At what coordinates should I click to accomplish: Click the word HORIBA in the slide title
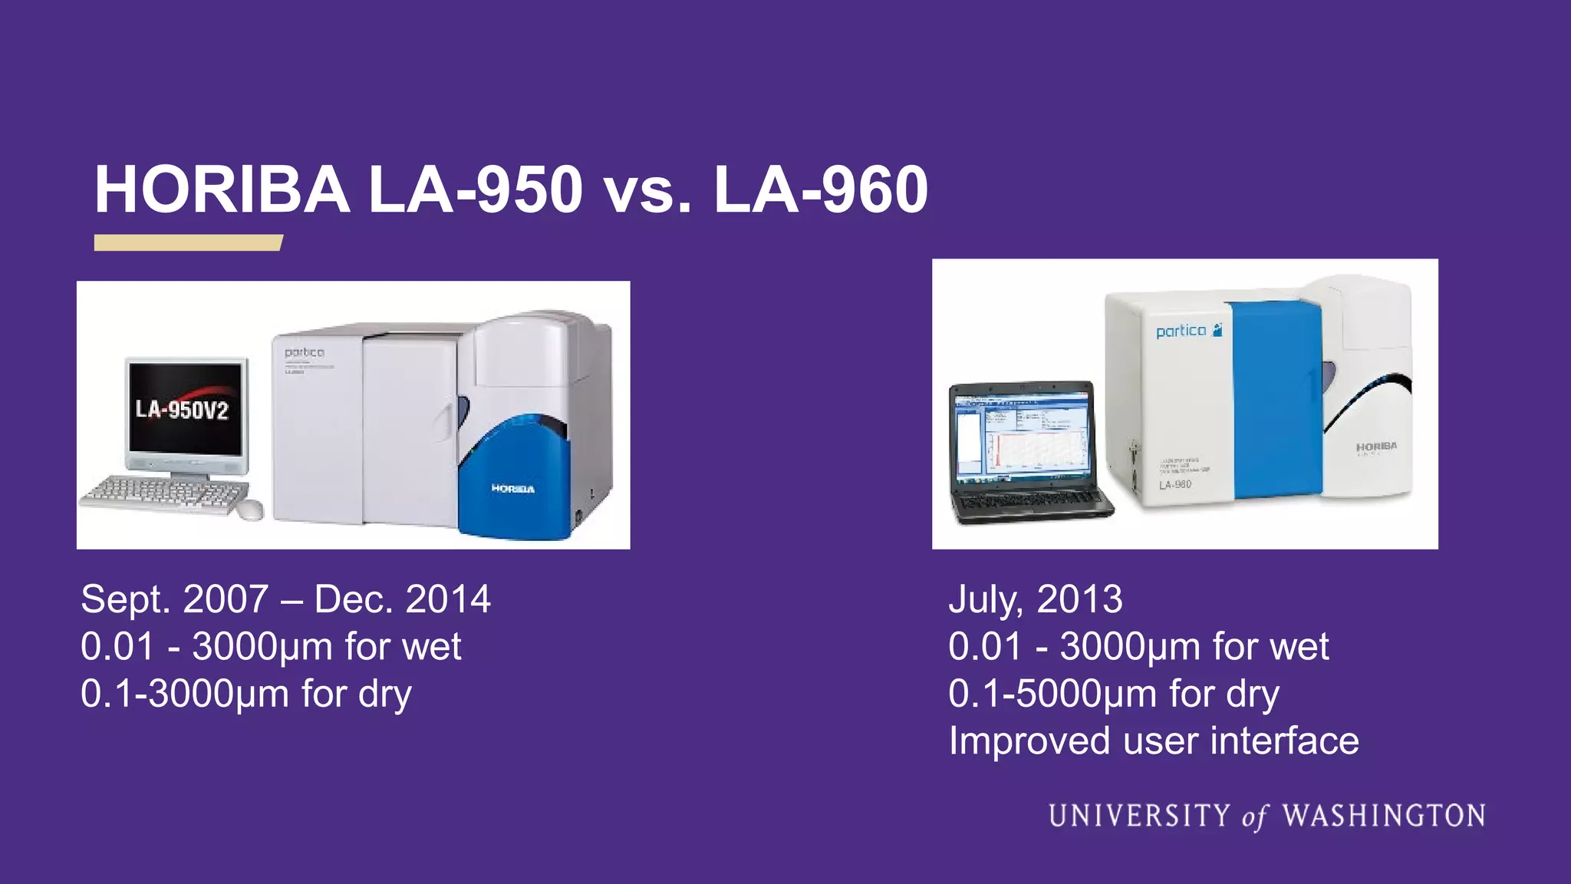point(222,190)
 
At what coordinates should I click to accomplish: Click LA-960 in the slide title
point(821,190)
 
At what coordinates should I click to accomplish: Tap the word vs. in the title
point(647,192)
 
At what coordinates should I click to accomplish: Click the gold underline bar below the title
point(188,242)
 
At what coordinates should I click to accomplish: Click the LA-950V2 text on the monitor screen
point(183,409)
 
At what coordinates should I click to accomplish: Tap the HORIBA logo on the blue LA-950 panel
point(512,489)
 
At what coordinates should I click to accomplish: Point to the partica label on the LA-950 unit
point(304,352)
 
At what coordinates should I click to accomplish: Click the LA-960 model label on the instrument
point(1174,484)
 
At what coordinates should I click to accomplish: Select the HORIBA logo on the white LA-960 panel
point(1376,447)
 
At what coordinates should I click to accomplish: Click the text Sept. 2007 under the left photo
point(175,599)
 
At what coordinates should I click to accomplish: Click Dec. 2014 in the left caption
point(402,599)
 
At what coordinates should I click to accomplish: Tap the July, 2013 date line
point(1035,599)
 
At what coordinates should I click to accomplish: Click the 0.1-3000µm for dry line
point(245,694)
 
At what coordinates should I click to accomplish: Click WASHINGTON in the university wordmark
point(1384,816)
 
